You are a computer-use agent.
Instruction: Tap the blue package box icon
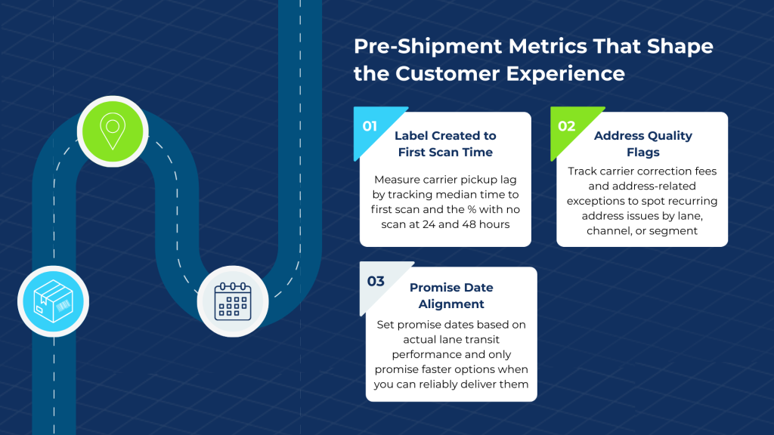coord(54,301)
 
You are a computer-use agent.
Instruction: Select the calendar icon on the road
coord(232,301)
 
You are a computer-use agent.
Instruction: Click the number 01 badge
coord(370,126)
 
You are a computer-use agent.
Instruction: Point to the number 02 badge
coord(566,126)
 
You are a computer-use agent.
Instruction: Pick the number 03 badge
coord(376,282)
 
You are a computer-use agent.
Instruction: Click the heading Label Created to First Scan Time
coord(445,143)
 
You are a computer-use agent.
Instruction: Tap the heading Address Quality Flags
coord(642,143)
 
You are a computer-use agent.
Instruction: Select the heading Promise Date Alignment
coord(451,296)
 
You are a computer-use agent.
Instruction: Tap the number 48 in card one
coord(471,224)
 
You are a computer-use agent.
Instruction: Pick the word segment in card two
coord(668,230)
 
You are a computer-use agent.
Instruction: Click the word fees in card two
coord(705,171)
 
